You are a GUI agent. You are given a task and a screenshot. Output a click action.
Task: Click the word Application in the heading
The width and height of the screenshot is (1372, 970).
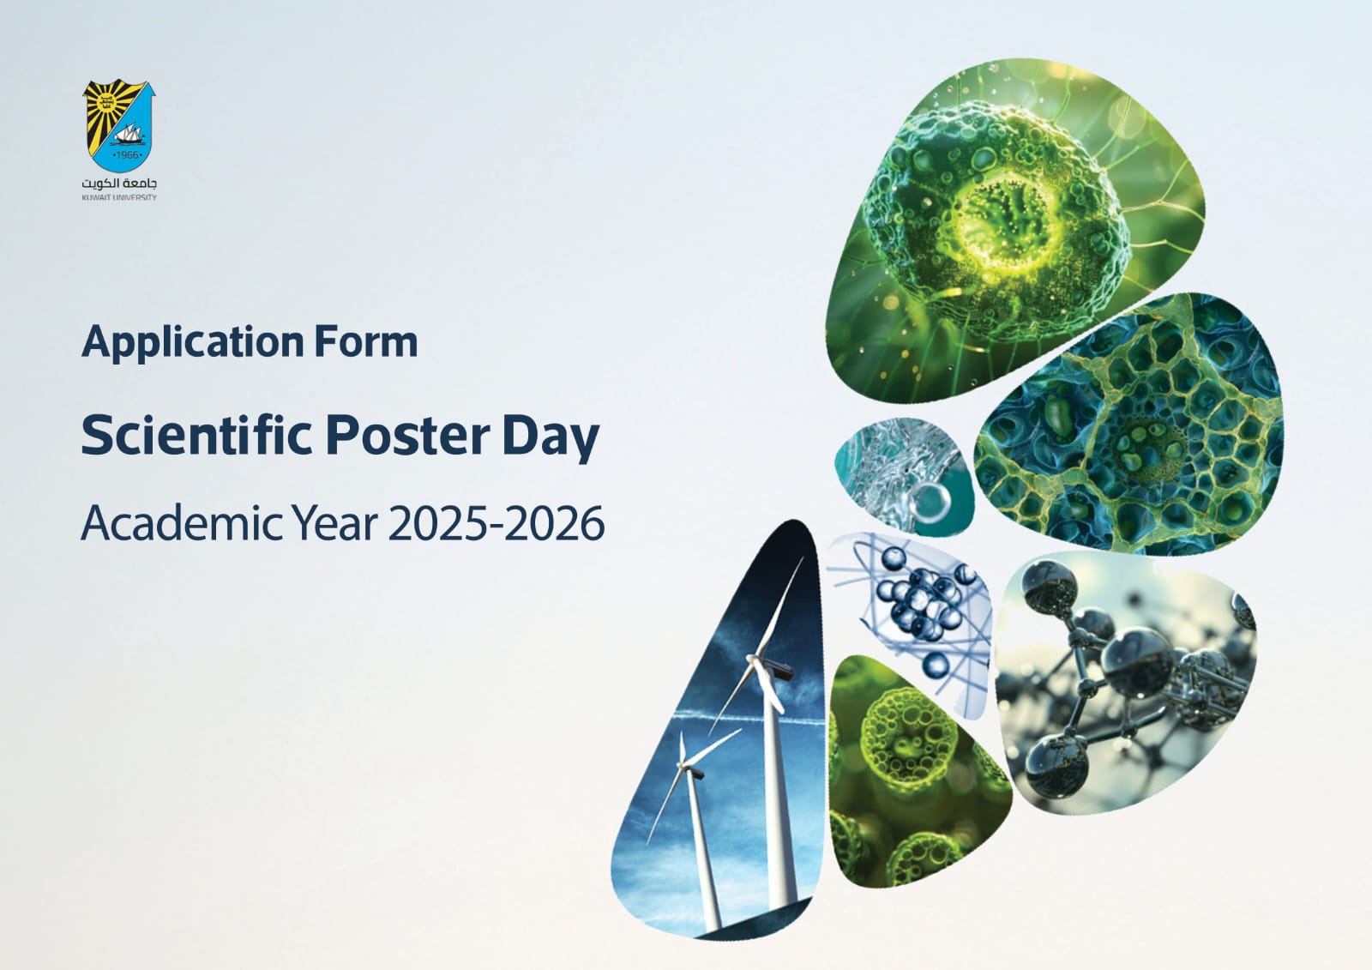[x=193, y=343]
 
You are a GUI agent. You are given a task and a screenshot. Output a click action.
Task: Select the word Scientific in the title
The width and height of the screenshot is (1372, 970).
[x=197, y=435]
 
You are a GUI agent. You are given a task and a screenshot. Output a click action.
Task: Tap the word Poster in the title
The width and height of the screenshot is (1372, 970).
[x=407, y=435]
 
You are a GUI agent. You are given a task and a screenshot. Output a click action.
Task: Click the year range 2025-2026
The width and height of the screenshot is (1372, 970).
[x=496, y=523]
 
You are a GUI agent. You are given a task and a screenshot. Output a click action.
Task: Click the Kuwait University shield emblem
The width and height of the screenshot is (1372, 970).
[x=119, y=125]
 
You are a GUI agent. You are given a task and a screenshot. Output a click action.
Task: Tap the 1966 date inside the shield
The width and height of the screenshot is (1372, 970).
[x=128, y=155]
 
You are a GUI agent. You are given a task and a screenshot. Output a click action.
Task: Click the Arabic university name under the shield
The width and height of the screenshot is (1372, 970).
[x=119, y=184]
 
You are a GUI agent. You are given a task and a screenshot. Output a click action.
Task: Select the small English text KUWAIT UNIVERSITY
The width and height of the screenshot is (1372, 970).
[x=119, y=197]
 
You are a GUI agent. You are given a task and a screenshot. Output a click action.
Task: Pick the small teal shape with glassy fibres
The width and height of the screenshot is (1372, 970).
[x=904, y=477]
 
